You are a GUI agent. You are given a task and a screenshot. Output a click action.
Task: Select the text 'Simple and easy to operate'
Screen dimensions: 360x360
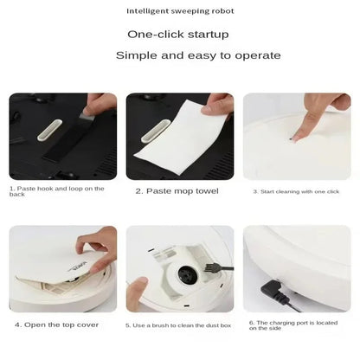[199, 55]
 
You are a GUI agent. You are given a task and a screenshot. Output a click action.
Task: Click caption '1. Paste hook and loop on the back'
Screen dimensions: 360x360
[57, 191]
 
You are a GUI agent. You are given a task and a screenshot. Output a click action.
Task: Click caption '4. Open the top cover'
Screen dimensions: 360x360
[57, 325]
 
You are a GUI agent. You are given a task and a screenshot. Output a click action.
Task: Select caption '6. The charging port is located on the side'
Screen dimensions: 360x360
[292, 325]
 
